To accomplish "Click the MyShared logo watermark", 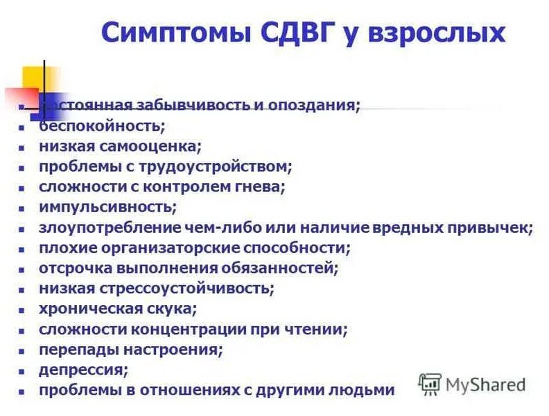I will point(472,383).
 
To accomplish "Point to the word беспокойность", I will point(101,126).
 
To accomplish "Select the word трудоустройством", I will point(229,166).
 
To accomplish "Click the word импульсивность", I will point(107,207).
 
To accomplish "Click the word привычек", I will point(493,227).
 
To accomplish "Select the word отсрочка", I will point(74,268).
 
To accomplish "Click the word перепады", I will point(78,349).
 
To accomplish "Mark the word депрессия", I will point(83,370).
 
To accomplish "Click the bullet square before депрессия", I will point(23,371).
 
